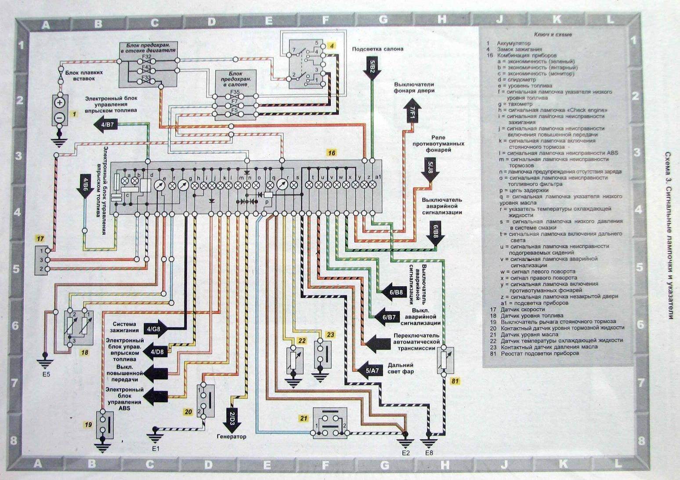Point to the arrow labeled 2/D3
coord(232,414)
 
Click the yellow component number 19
coord(88,425)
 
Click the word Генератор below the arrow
coord(231,437)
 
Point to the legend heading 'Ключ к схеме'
coord(553,34)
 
